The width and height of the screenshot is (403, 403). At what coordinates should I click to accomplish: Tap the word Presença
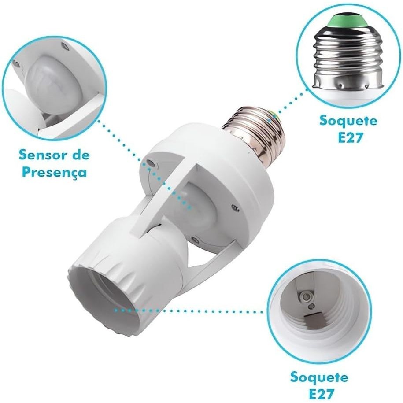click(x=54, y=173)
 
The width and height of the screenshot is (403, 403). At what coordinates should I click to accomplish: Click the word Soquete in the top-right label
click(x=348, y=121)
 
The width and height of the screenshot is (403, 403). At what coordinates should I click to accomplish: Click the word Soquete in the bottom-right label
click(x=319, y=377)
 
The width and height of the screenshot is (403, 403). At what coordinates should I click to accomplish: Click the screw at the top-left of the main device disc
click(x=149, y=163)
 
